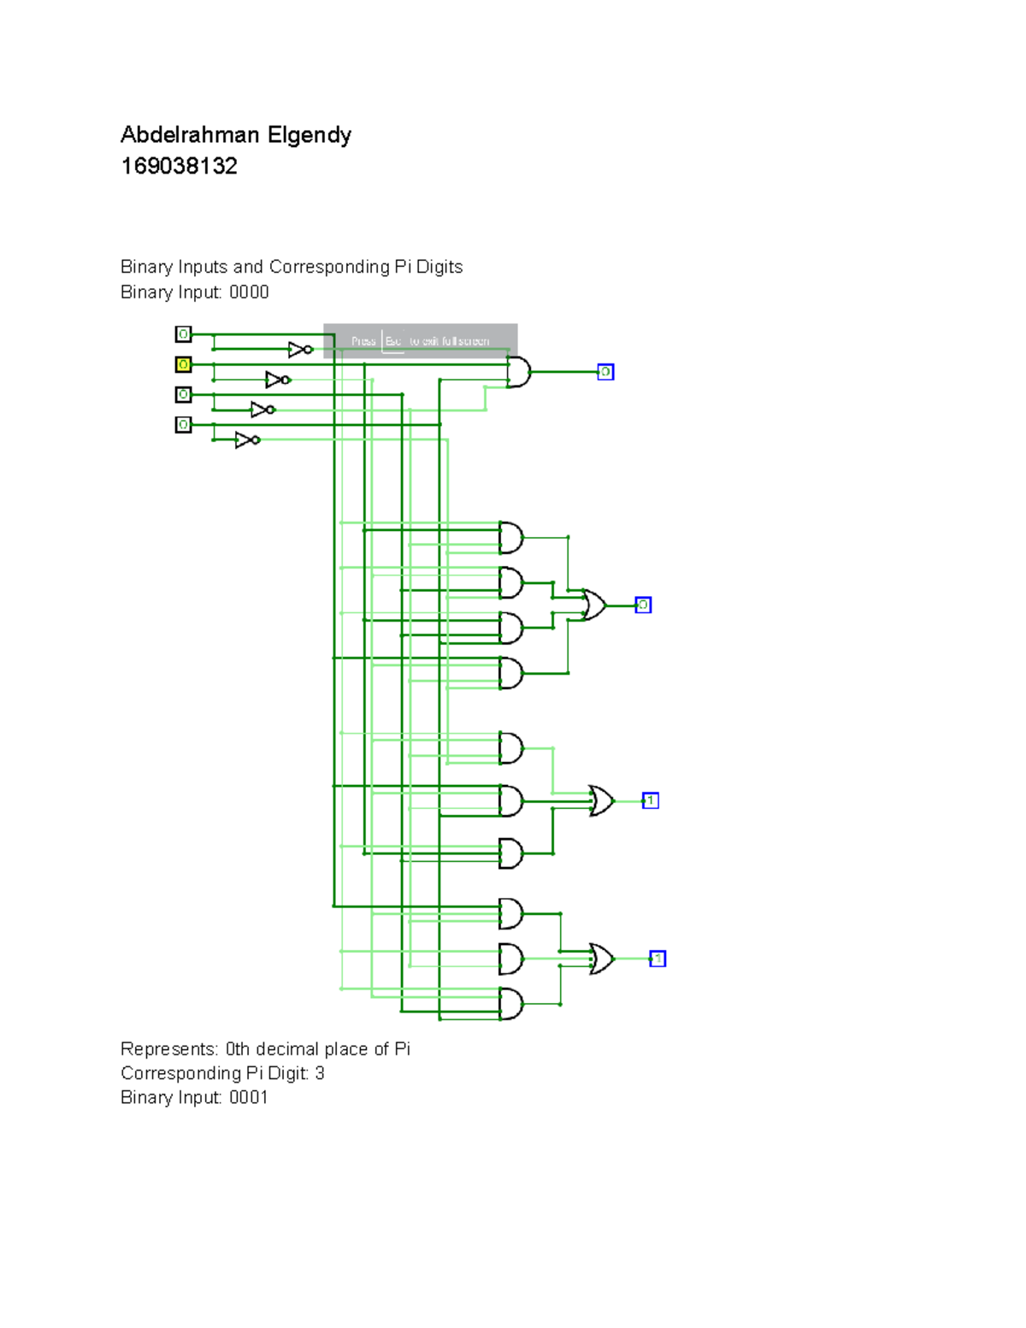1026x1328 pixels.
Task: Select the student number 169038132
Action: coord(179,166)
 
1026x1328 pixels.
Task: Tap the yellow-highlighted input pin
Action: coord(183,364)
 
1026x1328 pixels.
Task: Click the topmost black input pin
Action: coord(183,334)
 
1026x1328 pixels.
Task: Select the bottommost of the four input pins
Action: coord(183,425)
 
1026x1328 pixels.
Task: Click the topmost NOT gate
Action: coord(300,350)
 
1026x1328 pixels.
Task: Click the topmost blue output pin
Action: coord(605,372)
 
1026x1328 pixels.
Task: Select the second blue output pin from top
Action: coord(643,605)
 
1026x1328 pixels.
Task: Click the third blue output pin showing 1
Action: coord(650,801)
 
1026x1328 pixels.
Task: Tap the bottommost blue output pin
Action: coord(657,959)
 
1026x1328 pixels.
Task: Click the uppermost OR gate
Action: coord(593,605)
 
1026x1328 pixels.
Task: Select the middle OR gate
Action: coord(601,801)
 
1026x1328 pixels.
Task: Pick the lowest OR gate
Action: coord(601,959)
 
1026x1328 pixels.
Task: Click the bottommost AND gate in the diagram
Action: coord(510,1004)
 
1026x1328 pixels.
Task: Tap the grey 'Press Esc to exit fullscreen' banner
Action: coord(421,340)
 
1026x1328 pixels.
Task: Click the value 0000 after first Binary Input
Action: coord(249,292)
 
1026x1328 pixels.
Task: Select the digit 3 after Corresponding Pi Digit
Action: coord(320,1073)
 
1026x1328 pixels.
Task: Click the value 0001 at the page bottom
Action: coord(248,1097)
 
